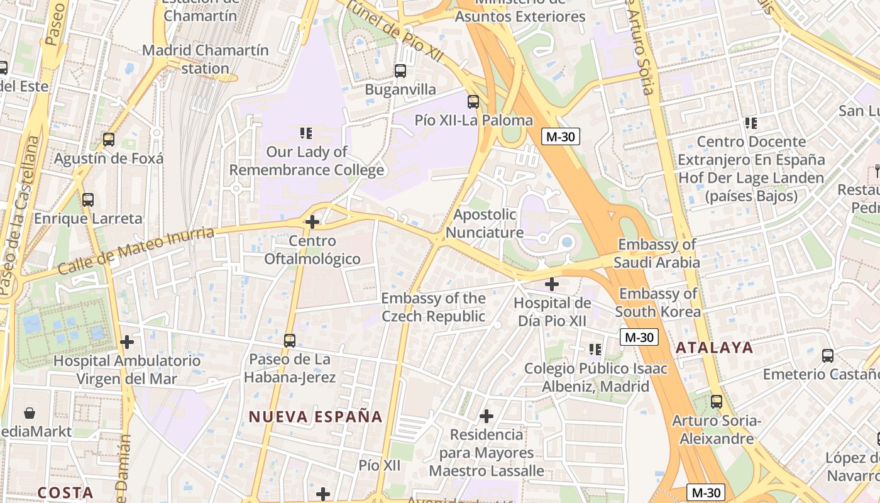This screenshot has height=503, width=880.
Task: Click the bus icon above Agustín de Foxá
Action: coord(109,140)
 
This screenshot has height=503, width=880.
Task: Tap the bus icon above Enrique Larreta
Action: coord(88,200)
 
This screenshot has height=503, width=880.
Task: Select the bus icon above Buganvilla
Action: coord(400,71)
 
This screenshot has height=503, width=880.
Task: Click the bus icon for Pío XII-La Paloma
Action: coord(473,101)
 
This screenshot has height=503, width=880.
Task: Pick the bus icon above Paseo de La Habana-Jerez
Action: coord(290,341)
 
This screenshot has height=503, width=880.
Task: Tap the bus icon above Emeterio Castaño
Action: coord(828,356)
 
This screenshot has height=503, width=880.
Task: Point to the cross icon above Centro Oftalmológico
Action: coord(312,222)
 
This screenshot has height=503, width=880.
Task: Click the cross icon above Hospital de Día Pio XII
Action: coord(552,284)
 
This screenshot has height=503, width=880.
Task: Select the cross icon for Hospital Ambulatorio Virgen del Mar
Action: coord(127,342)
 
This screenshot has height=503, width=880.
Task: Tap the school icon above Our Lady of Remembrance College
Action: coord(306,133)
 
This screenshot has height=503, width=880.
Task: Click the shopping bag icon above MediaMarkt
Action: coord(30,413)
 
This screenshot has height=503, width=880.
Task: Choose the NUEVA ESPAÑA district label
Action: coord(316,416)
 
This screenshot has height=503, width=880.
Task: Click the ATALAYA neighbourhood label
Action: coord(714,347)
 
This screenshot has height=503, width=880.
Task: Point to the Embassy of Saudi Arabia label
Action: coord(657,253)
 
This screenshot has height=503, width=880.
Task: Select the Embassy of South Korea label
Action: coord(657,302)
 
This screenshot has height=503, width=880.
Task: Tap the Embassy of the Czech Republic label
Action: coord(433,307)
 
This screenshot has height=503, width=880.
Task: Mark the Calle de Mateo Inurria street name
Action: coord(136,250)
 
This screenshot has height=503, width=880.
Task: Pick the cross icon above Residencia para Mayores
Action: coord(486,416)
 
